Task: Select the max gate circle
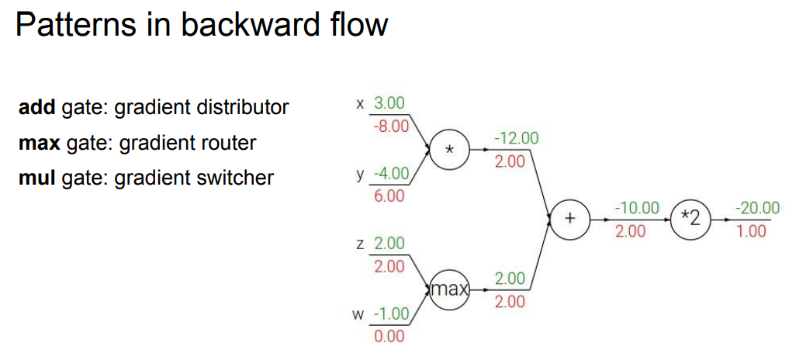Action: (x=450, y=290)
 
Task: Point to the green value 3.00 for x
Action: (x=389, y=103)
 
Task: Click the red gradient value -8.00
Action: (x=392, y=126)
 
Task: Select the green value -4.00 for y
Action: (x=389, y=173)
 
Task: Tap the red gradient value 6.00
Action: (x=389, y=196)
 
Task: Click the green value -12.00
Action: (x=515, y=138)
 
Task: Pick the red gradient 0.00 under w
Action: (x=389, y=336)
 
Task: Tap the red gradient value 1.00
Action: (x=751, y=230)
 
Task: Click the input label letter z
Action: (x=359, y=244)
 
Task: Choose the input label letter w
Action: (x=358, y=314)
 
